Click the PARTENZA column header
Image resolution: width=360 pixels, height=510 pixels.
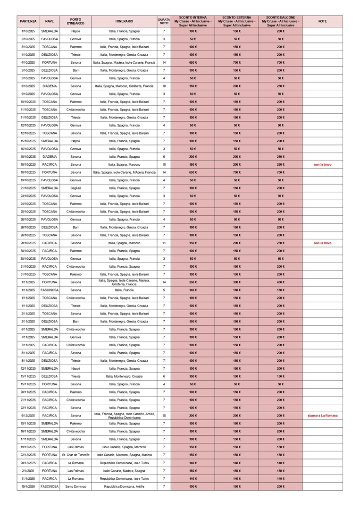(x=28, y=21)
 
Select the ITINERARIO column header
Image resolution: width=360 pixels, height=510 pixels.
(x=124, y=21)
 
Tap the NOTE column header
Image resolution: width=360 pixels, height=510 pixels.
(x=322, y=21)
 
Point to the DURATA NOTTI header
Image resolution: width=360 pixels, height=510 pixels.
(x=164, y=21)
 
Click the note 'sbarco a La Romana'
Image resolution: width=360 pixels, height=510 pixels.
(x=322, y=416)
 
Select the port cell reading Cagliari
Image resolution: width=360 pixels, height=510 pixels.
(x=75, y=188)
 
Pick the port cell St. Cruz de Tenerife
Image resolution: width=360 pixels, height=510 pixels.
(x=75, y=455)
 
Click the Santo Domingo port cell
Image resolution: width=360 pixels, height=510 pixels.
(x=75, y=486)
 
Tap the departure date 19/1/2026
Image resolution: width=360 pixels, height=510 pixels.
(x=28, y=486)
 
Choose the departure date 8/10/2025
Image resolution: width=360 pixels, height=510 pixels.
(x=28, y=86)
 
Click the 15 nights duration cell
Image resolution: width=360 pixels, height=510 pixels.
(x=164, y=416)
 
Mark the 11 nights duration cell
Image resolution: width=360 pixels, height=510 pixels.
(x=164, y=243)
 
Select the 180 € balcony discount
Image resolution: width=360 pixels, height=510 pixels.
(x=280, y=290)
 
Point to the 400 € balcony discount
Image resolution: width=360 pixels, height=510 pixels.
(x=280, y=282)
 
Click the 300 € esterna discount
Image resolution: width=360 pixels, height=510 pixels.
(x=236, y=282)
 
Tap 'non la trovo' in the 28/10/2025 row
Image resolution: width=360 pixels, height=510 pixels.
(x=322, y=243)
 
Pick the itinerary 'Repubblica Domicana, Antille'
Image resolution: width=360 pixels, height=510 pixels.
(x=124, y=486)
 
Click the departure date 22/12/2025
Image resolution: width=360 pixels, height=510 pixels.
(x=28, y=455)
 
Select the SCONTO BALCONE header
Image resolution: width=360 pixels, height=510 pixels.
(x=280, y=21)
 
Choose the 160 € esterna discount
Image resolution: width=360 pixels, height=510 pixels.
(x=236, y=290)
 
